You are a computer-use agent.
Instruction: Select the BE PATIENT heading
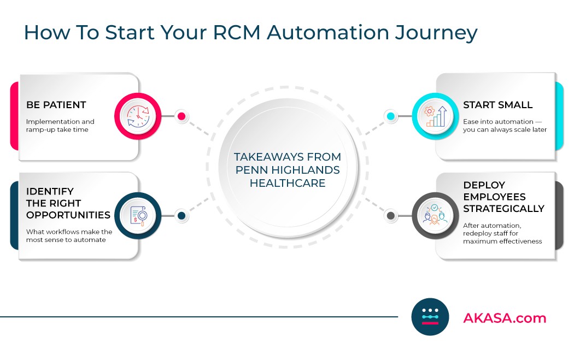pyautogui.click(x=56, y=105)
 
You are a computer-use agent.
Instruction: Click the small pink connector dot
pyautogui.click(x=181, y=116)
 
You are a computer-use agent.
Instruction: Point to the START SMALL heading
pyautogui.click(x=497, y=105)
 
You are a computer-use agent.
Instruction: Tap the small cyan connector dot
pyautogui.click(x=390, y=116)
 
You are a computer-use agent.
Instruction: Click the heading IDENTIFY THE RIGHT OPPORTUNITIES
pyautogui.click(x=68, y=203)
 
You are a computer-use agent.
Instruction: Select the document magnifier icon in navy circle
pyautogui.click(x=138, y=216)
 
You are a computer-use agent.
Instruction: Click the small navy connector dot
pyautogui.click(x=181, y=216)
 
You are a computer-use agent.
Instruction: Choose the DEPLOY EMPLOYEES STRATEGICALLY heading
pyautogui.click(x=503, y=197)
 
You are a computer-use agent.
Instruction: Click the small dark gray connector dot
pyautogui.click(x=390, y=216)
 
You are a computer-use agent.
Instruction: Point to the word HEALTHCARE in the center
pyautogui.click(x=288, y=183)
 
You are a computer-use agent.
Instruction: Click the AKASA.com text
pyautogui.click(x=504, y=318)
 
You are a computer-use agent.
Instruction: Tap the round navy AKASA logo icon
pyautogui.click(x=430, y=317)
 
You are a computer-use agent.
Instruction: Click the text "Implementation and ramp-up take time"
pyautogui.click(x=60, y=126)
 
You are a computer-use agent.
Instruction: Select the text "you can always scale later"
pyautogui.click(x=505, y=130)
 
